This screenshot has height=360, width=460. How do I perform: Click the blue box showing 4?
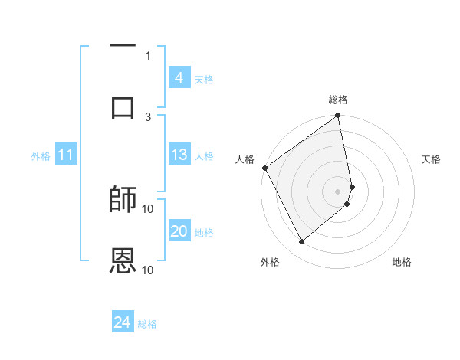pos(179,77)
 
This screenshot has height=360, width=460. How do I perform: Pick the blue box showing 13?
pos(179,155)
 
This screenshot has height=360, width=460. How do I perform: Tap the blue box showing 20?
pos(179,231)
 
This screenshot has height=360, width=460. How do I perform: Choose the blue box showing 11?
pos(66,155)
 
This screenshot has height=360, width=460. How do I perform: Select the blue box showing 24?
pos(123,322)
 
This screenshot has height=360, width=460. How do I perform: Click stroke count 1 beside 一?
pos(148,55)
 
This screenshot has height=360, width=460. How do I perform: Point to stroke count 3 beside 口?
pos(148,116)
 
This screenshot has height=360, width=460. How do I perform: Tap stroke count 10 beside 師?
pos(148,208)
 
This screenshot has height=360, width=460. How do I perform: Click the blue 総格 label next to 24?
pos(147,324)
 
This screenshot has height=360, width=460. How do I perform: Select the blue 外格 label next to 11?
pos(41,156)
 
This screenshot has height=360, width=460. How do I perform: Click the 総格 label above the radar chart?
pos(338,100)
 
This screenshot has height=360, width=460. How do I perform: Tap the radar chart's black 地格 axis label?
pos(402,262)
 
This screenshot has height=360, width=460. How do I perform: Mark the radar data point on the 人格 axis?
pos(265,168)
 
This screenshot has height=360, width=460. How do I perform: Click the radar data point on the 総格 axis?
pos(338,116)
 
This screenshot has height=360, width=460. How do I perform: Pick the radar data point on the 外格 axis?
pos(301,242)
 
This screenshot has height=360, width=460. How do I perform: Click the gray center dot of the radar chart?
pos(338,191)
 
